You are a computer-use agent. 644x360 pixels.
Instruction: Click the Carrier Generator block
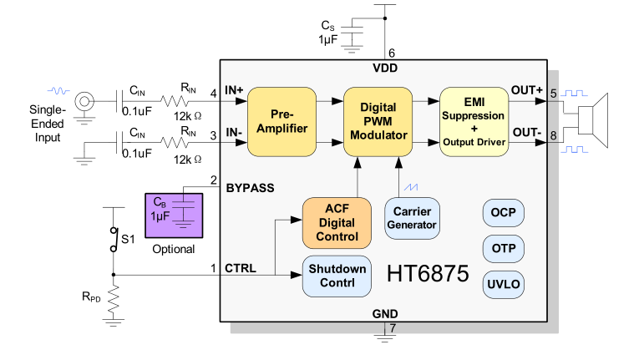coord(413,217)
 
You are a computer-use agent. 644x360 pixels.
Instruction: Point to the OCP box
coord(504,212)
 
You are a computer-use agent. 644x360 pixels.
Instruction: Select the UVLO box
coord(504,284)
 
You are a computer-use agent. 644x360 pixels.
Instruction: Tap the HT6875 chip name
coord(428,274)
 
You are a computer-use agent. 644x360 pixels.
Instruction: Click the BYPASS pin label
coord(250,188)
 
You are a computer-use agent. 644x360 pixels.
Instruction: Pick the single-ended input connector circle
coord(84,102)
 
